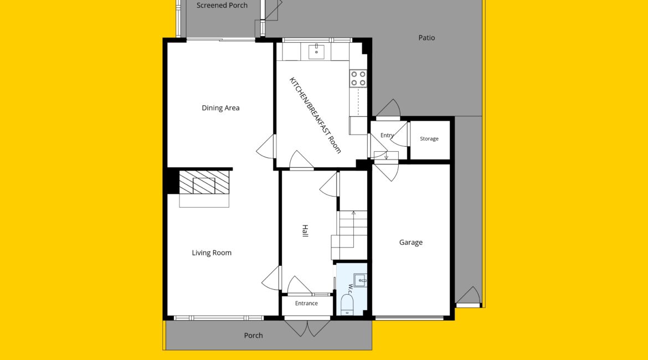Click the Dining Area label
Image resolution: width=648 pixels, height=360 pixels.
(x=220, y=108)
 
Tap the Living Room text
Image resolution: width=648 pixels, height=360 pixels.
(x=212, y=253)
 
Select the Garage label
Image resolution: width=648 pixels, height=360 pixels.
(x=411, y=243)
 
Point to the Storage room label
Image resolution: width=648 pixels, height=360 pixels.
(x=429, y=139)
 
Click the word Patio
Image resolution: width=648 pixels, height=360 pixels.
(x=426, y=38)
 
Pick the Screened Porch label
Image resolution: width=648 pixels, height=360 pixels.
(x=222, y=6)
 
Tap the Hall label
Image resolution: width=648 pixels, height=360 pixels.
(x=305, y=230)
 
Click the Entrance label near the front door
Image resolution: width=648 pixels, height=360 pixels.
(x=306, y=304)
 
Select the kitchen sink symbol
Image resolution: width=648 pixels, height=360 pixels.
(x=317, y=52)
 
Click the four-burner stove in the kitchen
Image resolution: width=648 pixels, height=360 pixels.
(x=358, y=79)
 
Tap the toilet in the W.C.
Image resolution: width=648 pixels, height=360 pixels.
(x=347, y=304)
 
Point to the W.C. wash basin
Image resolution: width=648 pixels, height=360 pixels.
(x=361, y=280)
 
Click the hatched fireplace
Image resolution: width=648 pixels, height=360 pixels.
(x=204, y=182)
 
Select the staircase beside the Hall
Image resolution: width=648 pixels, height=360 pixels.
(x=349, y=235)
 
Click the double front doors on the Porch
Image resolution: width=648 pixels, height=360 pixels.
(x=307, y=328)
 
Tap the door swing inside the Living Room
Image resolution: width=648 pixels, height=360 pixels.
(x=271, y=277)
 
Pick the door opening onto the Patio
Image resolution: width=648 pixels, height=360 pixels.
(x=388, y=109)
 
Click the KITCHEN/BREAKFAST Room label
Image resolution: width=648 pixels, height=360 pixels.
(x=315, y=115)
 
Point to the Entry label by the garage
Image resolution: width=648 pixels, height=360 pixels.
(x=387, y=135)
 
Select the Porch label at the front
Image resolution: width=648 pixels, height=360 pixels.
(x=253, y=336)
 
